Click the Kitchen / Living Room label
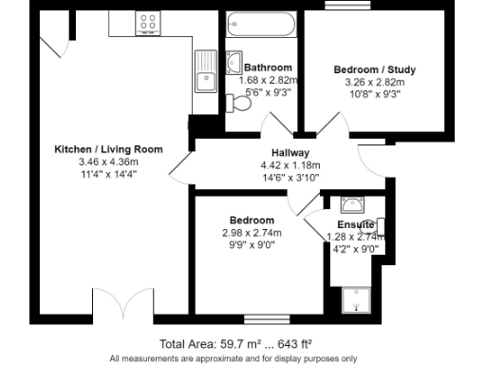point(108,149)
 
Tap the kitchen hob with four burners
point(147,19)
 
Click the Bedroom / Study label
point(374,69)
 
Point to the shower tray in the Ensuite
point(356,299)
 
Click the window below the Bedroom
point(257,318)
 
